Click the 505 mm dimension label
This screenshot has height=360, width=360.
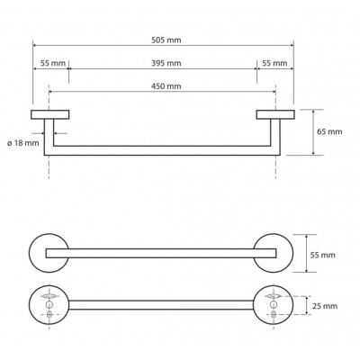click(166, 40)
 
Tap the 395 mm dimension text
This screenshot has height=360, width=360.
click(166, 63)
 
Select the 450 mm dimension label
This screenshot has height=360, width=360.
click(166, 86)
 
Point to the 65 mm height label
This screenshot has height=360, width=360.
click(329, 131)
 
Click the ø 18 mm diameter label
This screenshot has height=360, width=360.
click(23, 143)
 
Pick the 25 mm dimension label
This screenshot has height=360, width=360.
click(325, 306)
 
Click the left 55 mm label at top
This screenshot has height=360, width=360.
click(53, 63)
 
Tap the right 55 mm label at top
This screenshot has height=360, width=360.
click(274, 63)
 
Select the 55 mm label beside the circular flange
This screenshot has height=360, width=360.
click(322, 256)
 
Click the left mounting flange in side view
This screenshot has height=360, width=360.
click(50, 114)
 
